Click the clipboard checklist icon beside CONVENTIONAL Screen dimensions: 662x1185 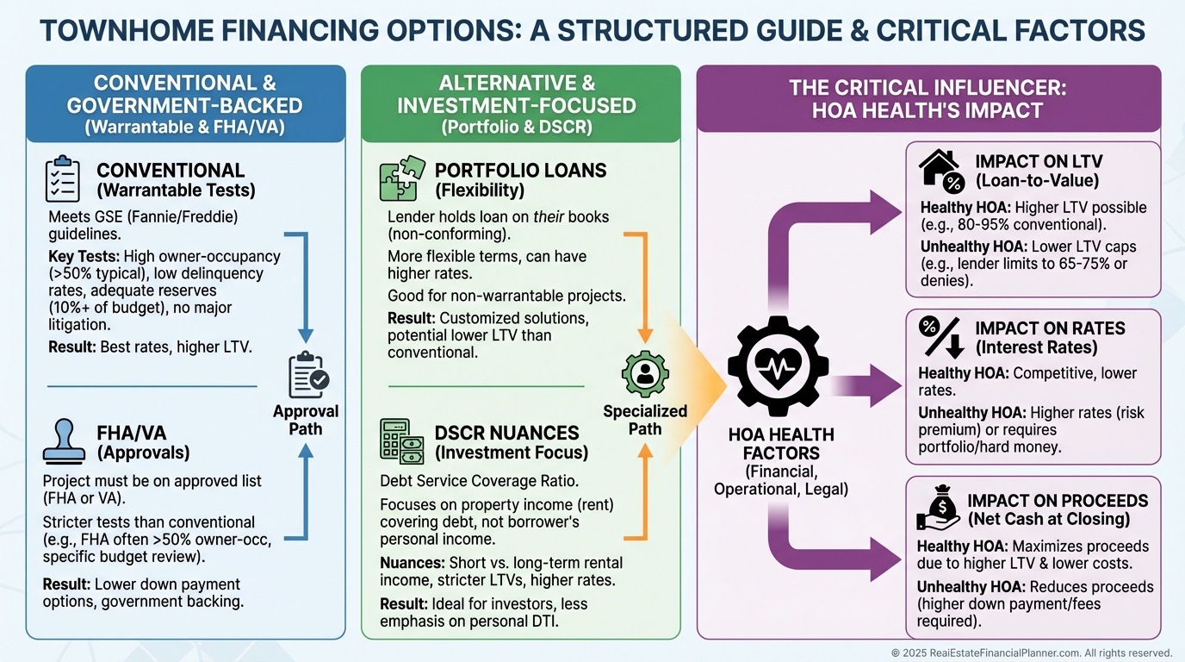[x=62, y=179]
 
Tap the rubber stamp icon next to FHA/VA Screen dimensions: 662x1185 [x=62, y=441]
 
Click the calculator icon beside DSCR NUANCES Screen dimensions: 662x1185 [x=401, y=440]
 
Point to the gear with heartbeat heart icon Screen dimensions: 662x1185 [x=778, y=362]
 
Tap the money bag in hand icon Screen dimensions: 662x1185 [x=938, y=510]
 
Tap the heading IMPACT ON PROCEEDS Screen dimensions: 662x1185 [x=1058, y=501]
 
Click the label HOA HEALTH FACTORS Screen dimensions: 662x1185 [x=781, y=444]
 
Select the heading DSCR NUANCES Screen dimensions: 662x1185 [x=494, y=433]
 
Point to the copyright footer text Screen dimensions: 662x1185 [x=1032, y=653]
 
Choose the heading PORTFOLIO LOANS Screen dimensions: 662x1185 [x=520, y=170]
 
